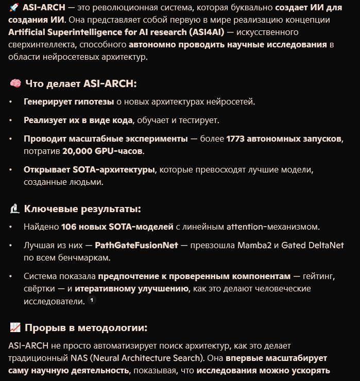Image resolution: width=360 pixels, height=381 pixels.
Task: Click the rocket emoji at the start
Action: click(14, 8)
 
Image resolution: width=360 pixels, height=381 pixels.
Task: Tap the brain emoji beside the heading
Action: click(15, 83)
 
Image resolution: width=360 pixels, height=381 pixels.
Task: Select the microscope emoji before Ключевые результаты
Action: click(14, 209)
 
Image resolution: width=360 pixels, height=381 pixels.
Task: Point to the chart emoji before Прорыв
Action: click(15, 328)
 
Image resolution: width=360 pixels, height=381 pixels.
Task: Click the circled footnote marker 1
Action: click(92, 300)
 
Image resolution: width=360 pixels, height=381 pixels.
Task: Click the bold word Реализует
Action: click(44, 120)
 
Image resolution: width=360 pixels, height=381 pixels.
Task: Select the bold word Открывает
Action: click(44, 169)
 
